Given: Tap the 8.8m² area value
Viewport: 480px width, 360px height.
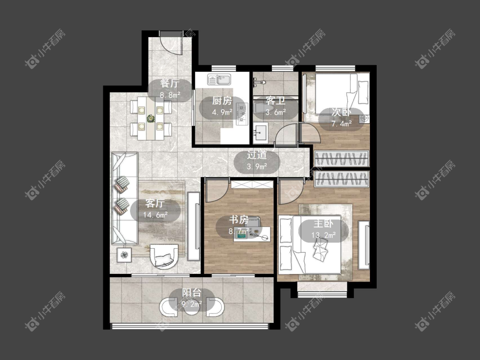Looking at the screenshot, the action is (x=170, y=95).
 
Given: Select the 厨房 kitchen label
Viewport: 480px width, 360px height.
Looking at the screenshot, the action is (x=222, y=101).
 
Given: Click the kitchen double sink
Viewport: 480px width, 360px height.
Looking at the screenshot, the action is (x=219, y=80).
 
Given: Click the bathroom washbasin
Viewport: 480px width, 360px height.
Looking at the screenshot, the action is (x=261, y=133).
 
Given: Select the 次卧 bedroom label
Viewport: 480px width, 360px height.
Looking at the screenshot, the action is (x=341, y=112).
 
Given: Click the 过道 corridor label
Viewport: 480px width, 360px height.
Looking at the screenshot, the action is (x=257, y=155).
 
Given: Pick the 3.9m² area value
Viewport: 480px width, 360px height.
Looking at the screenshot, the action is (x=257, y=166).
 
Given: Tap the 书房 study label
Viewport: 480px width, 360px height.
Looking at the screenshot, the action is (x=239, y=220).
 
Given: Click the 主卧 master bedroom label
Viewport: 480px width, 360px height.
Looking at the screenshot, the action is (x=323, y=224).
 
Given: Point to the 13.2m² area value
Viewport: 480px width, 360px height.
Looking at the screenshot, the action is (x=323, y=235).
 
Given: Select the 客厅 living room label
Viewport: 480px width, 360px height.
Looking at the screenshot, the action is (x=155, y=203).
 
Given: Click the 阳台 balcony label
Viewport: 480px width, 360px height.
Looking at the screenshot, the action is (x=192, y=293).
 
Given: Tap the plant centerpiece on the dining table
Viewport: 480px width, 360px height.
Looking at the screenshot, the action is (x=150, y=118).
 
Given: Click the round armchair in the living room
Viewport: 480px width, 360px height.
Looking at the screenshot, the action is (x=164, y=256).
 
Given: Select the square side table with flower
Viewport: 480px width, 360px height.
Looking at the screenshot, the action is (x=124, y=255).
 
